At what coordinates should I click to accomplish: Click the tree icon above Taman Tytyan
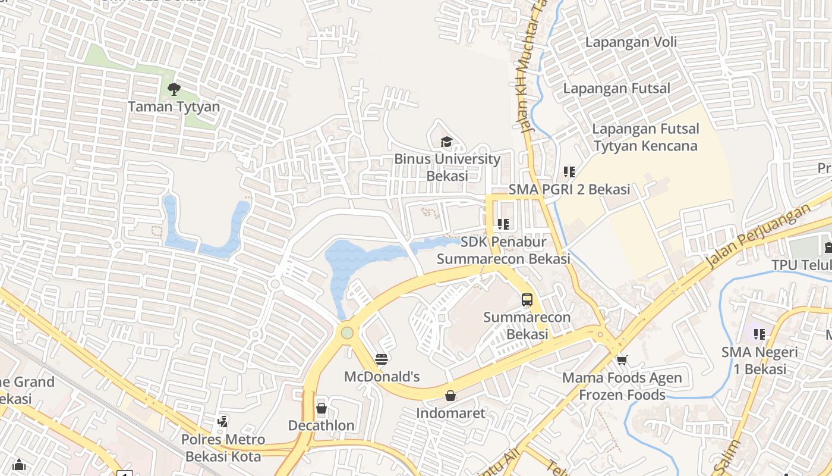174,90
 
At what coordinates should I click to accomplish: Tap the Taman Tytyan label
174,107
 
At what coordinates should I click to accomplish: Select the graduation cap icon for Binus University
446,142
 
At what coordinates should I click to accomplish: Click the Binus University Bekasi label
447,167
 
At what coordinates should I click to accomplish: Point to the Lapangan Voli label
631,42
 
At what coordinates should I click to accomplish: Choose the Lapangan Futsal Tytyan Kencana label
645,137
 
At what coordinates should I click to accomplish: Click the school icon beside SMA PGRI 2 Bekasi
569,172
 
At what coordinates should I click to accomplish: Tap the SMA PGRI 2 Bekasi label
569,190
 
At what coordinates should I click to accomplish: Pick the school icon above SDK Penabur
503,224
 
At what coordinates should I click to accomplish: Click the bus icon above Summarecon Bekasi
527,300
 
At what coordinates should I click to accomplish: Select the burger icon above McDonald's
382,359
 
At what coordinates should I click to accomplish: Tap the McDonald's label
382,377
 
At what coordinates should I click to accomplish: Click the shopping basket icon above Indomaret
450,396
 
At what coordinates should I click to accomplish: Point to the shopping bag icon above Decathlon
322,408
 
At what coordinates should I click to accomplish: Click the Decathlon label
322,425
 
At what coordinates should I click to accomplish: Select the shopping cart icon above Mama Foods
622,360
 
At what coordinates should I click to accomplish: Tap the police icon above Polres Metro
223,422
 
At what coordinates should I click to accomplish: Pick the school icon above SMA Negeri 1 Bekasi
759,334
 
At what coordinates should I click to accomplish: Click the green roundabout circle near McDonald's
347,333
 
